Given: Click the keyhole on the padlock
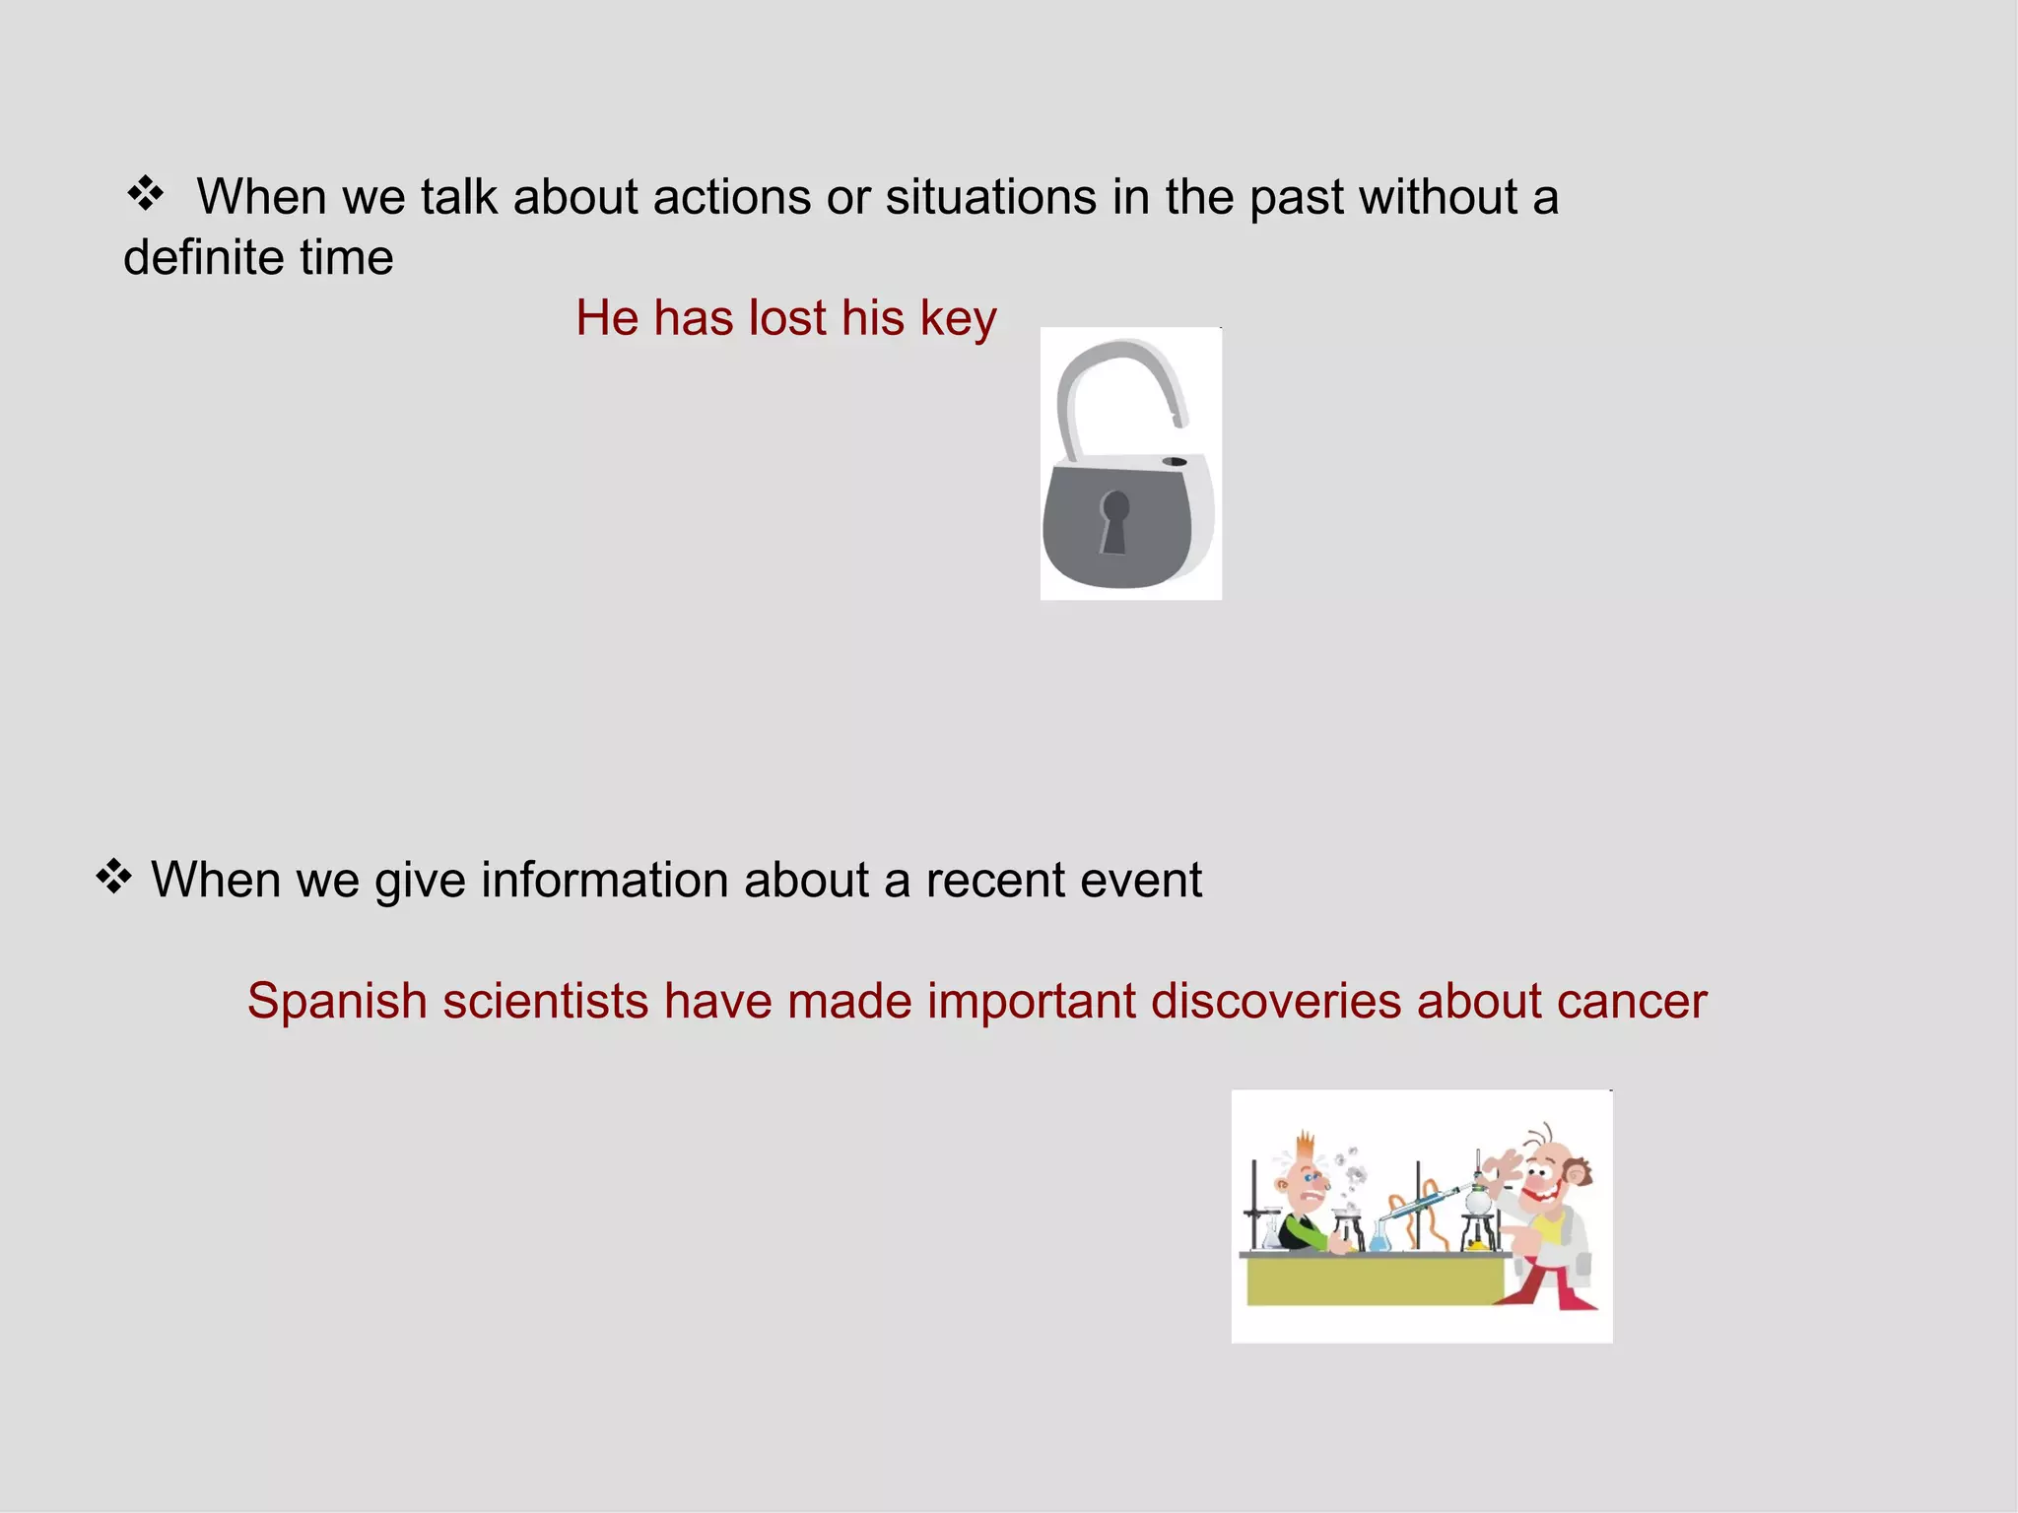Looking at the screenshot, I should click(x=1114, y=520).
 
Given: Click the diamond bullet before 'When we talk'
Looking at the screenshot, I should click(x=146, y=193).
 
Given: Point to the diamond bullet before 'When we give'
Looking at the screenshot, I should click(x=114, y=876).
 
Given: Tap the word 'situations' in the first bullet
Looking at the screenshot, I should click(x=990, y=196).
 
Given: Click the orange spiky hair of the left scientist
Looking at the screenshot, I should click(x=1307, y=1146).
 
